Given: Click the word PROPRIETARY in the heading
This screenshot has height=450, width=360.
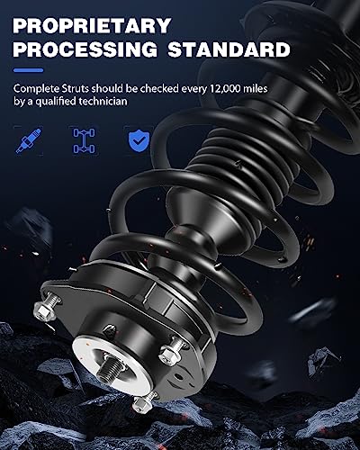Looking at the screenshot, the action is click(92, 26).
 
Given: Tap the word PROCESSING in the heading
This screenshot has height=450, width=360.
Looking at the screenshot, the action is click(85, 49).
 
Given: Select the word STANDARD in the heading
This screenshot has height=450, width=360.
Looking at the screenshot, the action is click(229, 49).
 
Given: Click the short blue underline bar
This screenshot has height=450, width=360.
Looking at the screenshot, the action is click(29, 70).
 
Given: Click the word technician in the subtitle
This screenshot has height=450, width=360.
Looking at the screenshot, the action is click(103, 102).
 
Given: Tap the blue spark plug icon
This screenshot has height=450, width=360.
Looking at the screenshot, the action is click(29, 140).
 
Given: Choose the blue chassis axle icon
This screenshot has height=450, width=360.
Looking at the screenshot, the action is click(84, 140).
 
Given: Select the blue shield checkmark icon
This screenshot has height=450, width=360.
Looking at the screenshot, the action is click(139, 140).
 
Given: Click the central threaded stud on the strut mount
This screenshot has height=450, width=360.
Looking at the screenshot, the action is click(110, 369).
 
